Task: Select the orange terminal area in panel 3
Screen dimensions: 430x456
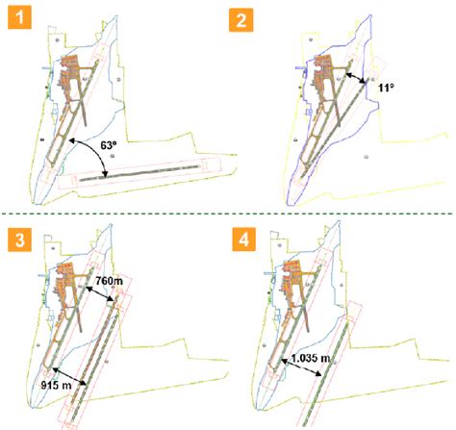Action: (72, 279)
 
